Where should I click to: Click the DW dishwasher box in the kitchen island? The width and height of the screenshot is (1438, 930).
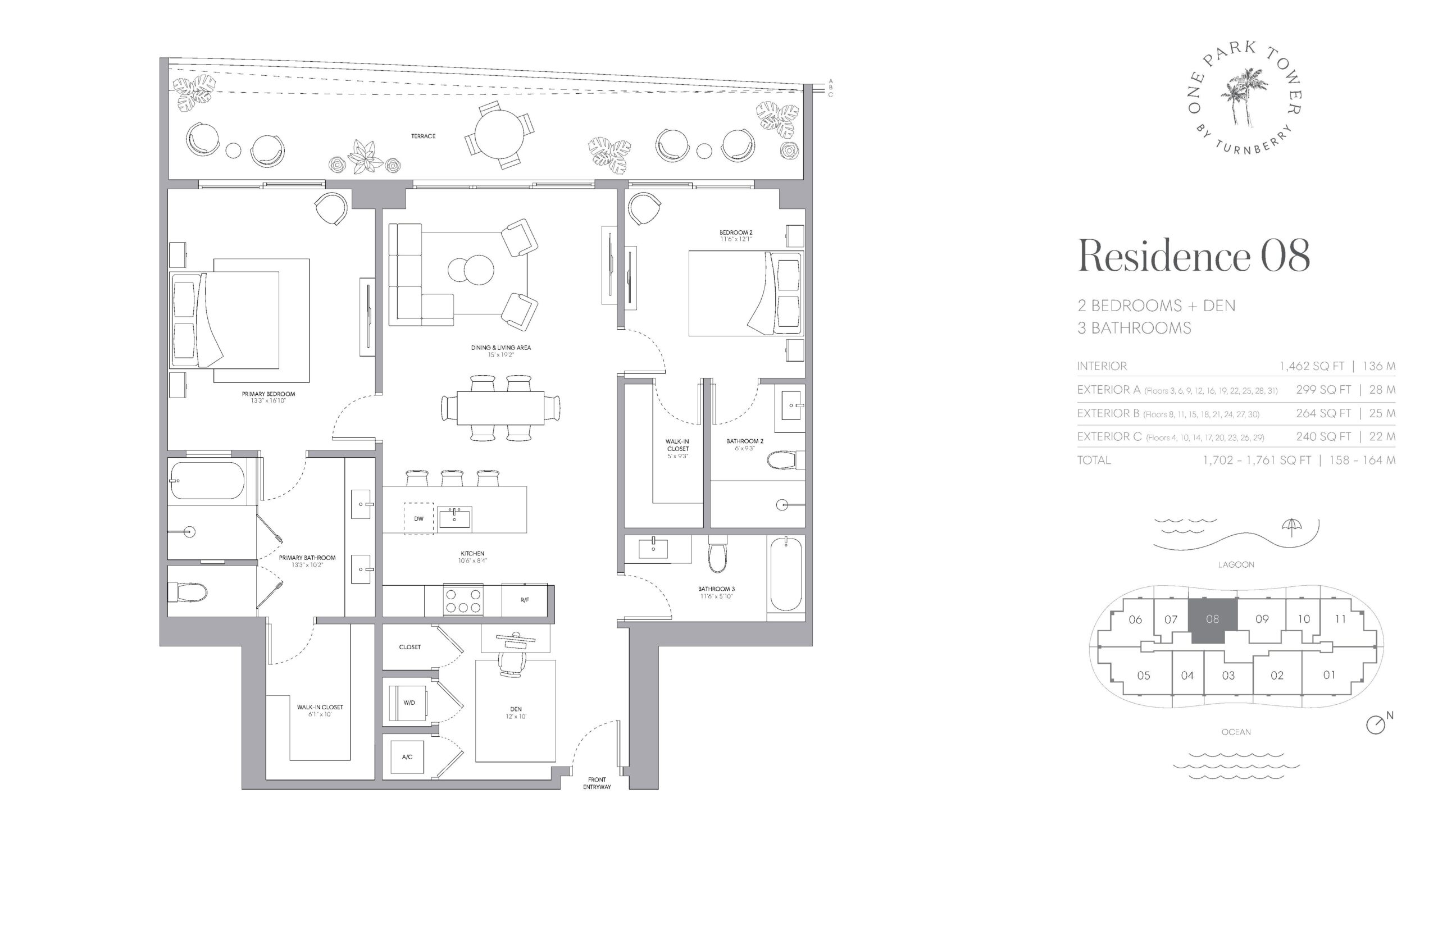[x=418, y=519]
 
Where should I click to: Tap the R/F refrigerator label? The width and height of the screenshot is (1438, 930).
[x=524, y=600]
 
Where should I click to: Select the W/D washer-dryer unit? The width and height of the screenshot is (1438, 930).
[x=409, y=703]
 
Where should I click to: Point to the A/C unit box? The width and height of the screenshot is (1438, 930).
[x=407, y=756]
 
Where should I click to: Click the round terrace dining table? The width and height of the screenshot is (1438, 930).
[x=499, y=134]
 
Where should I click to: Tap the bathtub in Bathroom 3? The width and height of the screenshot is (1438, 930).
[x=786, y=575]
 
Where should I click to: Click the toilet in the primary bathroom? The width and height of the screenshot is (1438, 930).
[x=188, y=591]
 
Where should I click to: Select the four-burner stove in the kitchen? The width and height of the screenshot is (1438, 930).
[x=463, y=600]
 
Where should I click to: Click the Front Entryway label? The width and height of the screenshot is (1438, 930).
[x=597, y=783]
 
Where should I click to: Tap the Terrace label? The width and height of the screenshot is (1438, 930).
[x=424, y=136]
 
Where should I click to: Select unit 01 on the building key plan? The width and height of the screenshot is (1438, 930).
[x=1329, y=674]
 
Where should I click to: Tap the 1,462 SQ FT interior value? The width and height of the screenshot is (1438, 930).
[x=1312, y=366]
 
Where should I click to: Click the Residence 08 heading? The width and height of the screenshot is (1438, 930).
[x=1194, y=256]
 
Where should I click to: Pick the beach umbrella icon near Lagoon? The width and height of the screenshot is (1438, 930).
[x=1292, y=527]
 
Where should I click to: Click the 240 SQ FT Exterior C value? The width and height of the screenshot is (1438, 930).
[x=1323, y=436]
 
